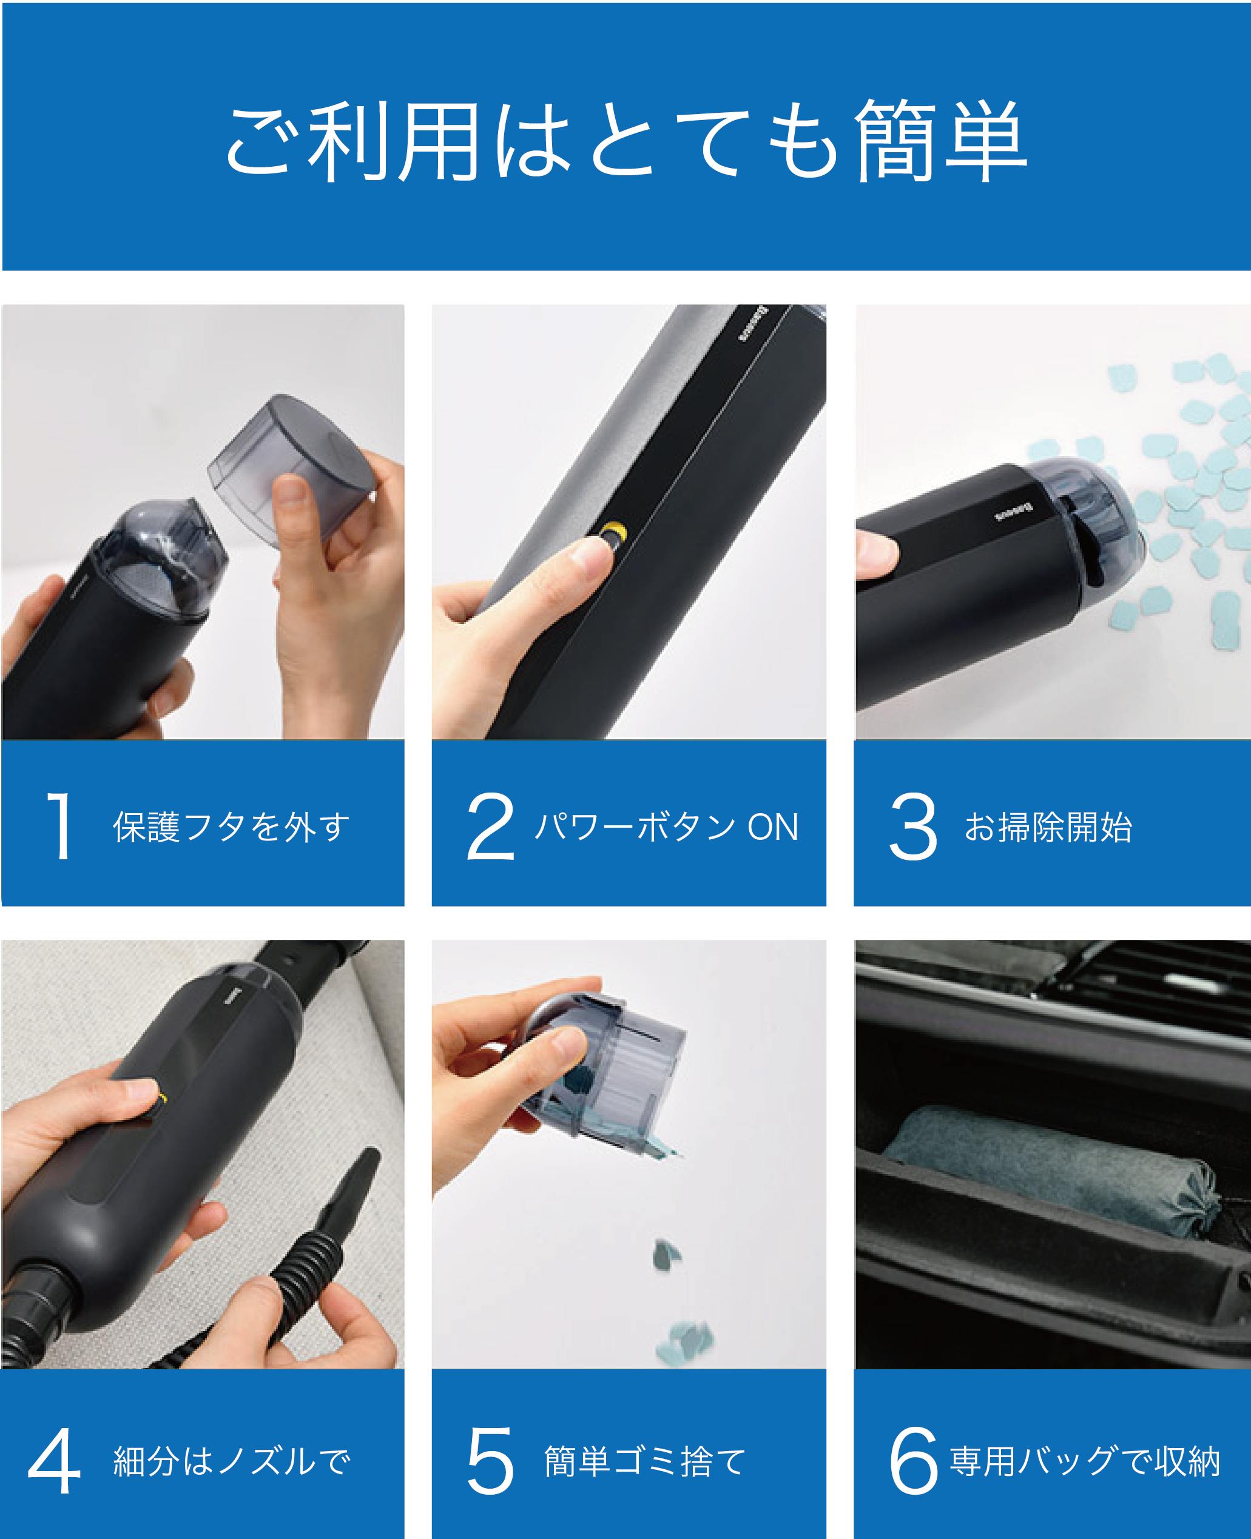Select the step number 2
491,826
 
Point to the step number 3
913,826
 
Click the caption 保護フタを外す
231,827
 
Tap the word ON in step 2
772,827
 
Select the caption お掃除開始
1048,827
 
